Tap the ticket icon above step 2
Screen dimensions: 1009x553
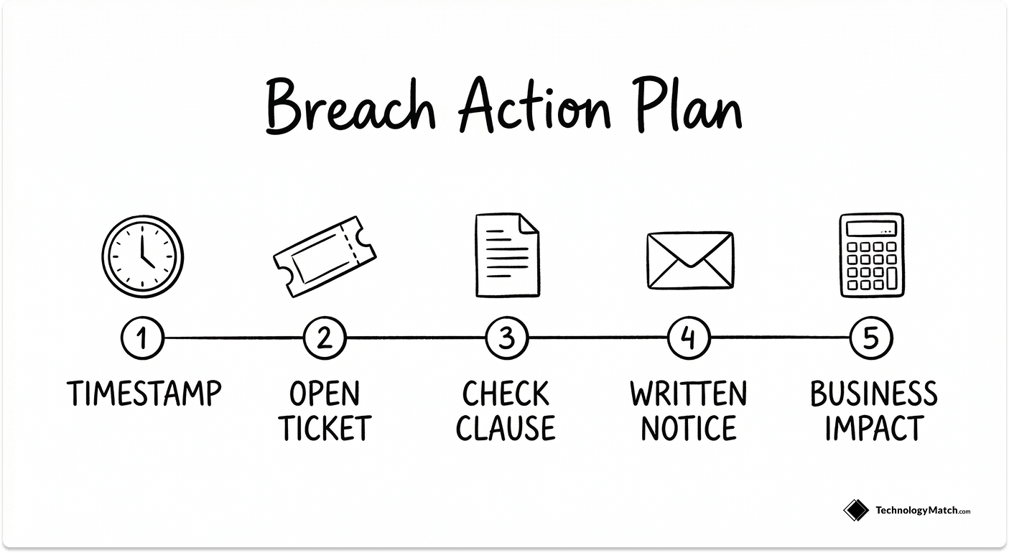pyautogui.click(x=325, y=257)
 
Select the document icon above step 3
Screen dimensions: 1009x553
pyautogui.click(x=507, y=255)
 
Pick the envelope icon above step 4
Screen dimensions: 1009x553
pyautogui.click(x=689, y=260)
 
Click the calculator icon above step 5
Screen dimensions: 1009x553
pyautogui.click(x=872, y=255)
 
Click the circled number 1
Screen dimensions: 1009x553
pyautogui.click(x=142, y=338)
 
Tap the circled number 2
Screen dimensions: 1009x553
pyautogui.click(x=325, y=338)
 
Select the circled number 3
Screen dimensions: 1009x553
pyautogui.click(x=507, y=338)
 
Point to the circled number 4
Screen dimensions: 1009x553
pyautogui.click(x=689, y=338)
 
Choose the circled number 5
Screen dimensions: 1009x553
pyautogui.click(x=871, y=338)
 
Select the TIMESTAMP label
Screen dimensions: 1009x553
pyautogui.click(x=144, y=394)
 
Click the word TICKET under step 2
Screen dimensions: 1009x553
pyautogui.click(x=325, y=429)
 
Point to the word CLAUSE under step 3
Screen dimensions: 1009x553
pyautogui.click(x=506, y=429)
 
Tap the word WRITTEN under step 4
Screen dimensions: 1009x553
pyautogui.click(x=689, y=394)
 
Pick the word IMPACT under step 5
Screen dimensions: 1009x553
pyautogui.click(x=873, y=429)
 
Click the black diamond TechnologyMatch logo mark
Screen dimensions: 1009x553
pyautogui.click(x=855, y=511)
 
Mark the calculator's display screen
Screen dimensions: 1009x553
pyautogui.click(x=872, y=229)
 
